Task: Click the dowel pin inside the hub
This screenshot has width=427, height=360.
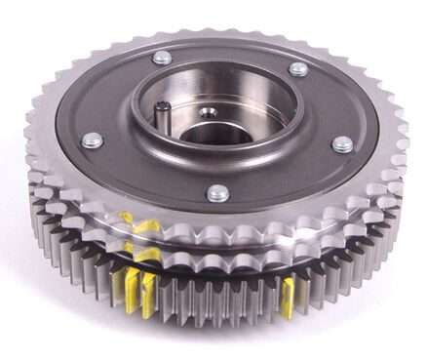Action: (165, 116)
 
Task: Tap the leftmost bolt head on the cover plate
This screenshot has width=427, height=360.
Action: (94, 140)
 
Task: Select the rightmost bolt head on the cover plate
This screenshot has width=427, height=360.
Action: (341, 144)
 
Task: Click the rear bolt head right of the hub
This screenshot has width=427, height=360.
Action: (298, 69)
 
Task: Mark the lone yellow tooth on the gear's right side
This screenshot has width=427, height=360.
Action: (289, 298)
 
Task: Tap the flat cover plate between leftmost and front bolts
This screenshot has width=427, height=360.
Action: (146, 176)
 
